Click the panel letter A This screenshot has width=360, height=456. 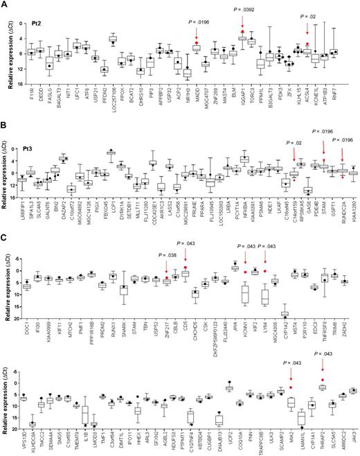tap(6, 5)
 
